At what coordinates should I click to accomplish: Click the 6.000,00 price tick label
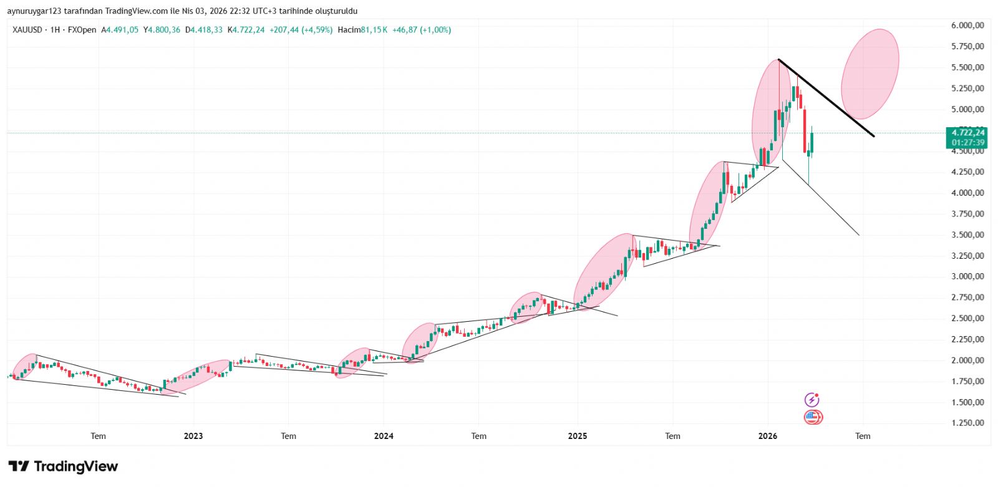(967, 26)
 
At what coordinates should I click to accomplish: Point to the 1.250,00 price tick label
(967, 423)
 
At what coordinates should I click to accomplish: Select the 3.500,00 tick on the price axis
(967, 235)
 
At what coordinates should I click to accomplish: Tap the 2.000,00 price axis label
(967, 360)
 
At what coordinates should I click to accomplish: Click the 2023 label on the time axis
(193, 436)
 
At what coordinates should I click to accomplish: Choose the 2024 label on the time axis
(384, 436)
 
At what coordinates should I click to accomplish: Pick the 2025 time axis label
(578, 436)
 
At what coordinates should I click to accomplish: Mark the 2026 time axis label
(768, 436)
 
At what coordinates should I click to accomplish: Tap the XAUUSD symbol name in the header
(27, 30)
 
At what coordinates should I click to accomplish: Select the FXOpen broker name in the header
(82, 30)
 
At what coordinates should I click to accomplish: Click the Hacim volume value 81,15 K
(374, 30)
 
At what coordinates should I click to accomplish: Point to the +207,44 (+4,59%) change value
(301, 30)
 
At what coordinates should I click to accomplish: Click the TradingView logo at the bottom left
(63, 466)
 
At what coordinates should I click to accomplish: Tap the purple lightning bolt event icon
(811, 400)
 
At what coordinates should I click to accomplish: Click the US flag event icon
(812, 417)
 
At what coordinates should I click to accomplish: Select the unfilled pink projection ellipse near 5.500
(870, 74)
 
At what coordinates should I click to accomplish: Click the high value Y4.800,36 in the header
(162, 30)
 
